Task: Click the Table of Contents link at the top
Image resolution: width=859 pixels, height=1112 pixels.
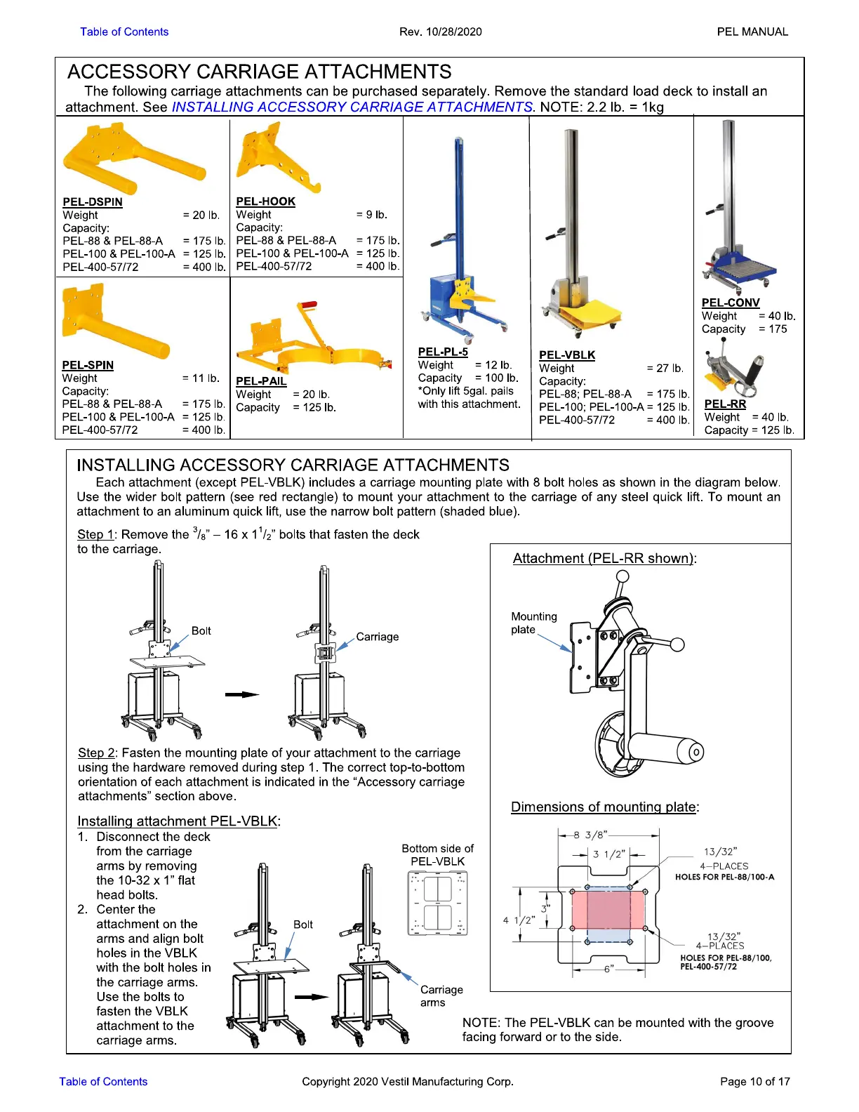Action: [x=124, y=32]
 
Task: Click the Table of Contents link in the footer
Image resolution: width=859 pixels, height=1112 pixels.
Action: [x=103, y=1081]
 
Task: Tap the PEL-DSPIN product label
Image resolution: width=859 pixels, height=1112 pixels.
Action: [x=93, y=202]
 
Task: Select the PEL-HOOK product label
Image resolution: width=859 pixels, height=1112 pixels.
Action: [x=265, y=201]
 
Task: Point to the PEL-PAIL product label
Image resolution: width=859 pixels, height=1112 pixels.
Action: [x=261, y=381]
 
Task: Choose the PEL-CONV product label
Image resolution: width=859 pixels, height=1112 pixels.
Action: [x=731, y=303]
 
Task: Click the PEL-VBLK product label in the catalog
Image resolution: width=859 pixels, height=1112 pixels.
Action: [x=567, y=355]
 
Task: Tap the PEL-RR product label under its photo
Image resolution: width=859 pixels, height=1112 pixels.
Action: [x=725, y=404]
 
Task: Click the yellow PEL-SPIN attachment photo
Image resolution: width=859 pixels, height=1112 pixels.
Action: [x=112, y=322]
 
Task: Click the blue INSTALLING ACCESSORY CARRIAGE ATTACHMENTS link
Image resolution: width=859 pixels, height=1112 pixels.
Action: [x=352, y=107]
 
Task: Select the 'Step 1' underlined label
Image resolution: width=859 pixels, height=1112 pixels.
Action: [x=95, y=535]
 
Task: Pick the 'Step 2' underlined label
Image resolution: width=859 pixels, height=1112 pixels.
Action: [x=96, y=753]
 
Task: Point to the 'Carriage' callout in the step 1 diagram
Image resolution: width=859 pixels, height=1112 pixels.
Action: [x=377, y=637]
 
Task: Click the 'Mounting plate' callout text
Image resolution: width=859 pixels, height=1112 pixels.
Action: [x=533, y=623]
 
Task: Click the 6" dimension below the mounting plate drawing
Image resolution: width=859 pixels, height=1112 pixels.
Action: [x=608, y=969]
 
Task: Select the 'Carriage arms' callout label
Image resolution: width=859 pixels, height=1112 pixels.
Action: [x=441, y=996]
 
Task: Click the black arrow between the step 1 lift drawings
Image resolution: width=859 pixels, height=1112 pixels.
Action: [x=242, y=694]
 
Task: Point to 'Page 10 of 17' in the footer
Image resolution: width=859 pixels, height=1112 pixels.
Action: [x=754, y=1081]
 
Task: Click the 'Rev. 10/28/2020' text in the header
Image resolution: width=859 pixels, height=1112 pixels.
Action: [x=440, y=32]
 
